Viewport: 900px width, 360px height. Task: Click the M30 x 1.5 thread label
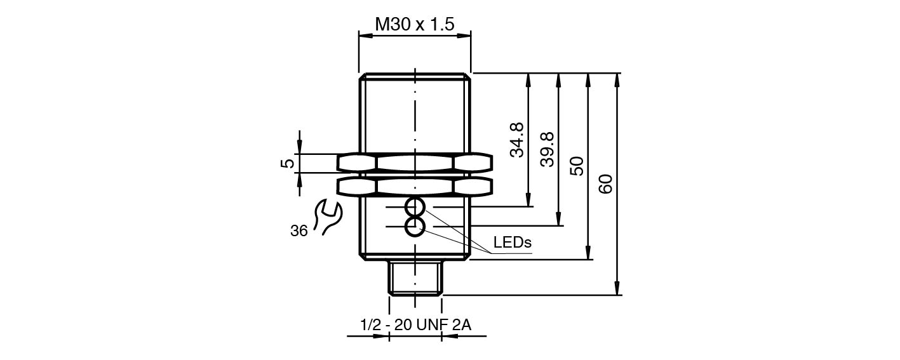[415, 25]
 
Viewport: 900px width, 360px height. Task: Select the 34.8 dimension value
[517, 140]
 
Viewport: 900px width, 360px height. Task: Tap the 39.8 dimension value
[547, 149]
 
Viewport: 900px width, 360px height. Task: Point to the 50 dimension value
[577, 166]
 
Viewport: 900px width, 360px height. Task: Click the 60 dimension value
[606, 184]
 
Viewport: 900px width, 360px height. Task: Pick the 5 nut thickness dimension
[288, 163]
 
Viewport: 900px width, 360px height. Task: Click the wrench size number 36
[299, 231]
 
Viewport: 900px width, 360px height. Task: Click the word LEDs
[512, 242]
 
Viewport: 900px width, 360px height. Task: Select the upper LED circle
[415, 208]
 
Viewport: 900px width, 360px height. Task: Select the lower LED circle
[415, 226]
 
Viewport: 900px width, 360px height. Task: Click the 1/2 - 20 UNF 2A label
[415, 325]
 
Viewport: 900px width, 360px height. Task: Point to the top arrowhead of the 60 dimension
[617, 77]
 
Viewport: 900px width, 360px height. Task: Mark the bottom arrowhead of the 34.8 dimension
[528, 202]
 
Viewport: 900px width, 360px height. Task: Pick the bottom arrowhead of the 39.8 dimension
[558, 221]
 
